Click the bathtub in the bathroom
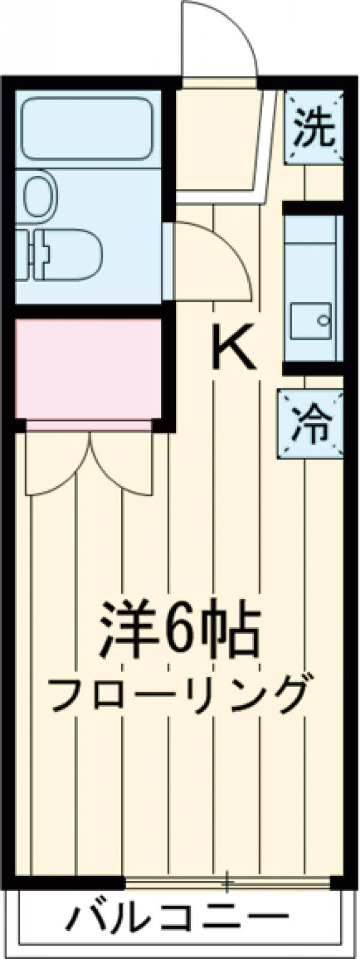coord(88,129)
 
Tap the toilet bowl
coord(72,255)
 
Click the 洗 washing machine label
coord(314,128)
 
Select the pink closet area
coord(88,368)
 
